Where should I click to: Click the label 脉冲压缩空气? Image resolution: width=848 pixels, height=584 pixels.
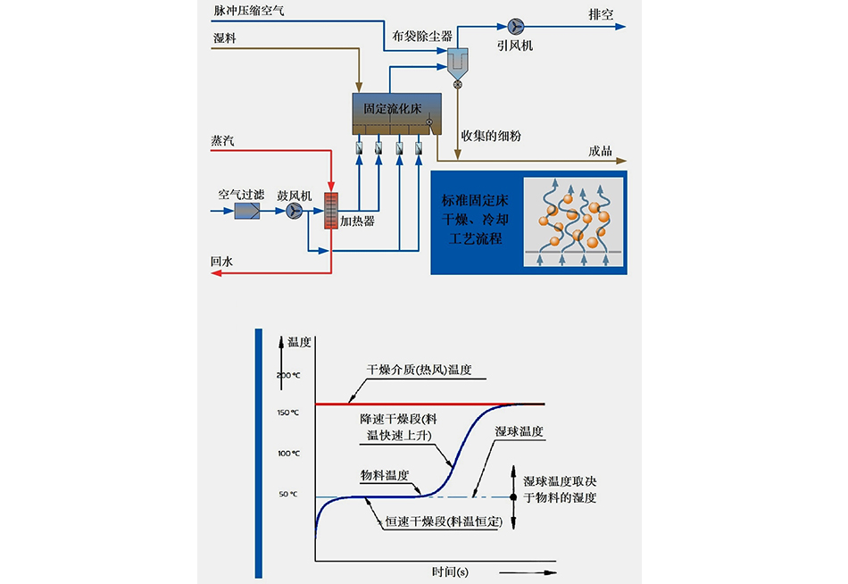click(x=249, y=10)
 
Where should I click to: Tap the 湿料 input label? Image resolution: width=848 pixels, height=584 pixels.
click(x=223, y=38)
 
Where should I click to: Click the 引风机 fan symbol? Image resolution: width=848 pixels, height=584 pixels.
click(x=515, y=27)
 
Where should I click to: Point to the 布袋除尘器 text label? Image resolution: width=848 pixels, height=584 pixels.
click(x=422, y=37)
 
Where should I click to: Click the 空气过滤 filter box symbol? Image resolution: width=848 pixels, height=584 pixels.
click(x=247, y=211)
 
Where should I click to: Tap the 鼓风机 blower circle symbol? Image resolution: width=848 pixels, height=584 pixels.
click(x=295, y=211)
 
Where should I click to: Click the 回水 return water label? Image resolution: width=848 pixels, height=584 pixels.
click(x=222, y=262)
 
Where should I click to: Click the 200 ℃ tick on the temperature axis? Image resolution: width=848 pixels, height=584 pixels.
click(x=287, y=374)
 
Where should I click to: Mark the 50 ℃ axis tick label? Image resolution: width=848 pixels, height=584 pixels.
click(x=287, y=494)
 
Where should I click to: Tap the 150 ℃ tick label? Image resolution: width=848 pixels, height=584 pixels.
click(x=287, y=413)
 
